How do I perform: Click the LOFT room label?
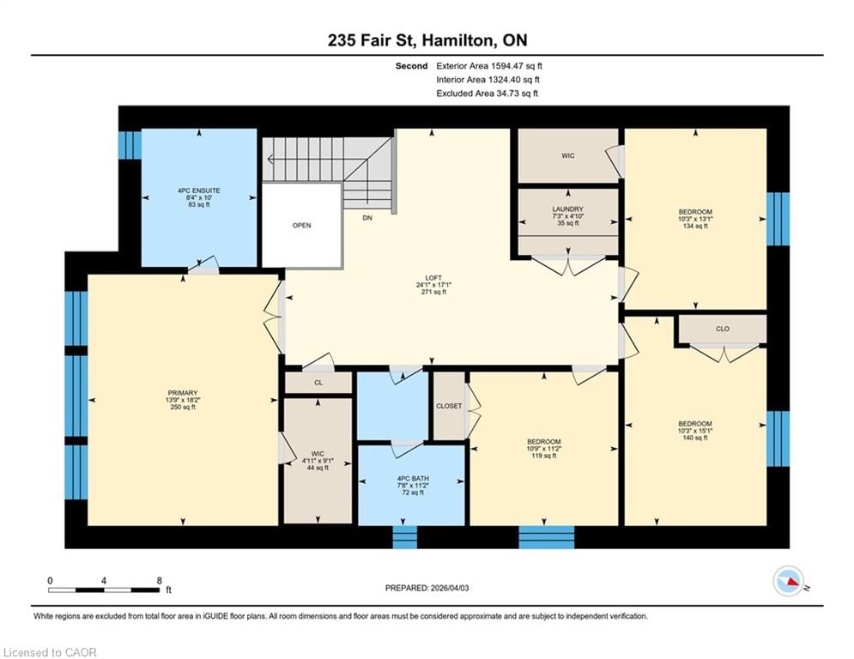(433, 278)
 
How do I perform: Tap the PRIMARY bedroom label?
(183, 393)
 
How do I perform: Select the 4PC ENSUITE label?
(199, 190)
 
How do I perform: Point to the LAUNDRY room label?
(567, 209)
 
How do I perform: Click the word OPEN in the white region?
(301, 226)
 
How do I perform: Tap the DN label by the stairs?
(367, 218)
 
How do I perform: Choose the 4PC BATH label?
(413, 479)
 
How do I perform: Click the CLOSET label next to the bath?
(449, 406)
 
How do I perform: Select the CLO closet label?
(722, 329)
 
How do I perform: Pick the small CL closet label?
(318, 383)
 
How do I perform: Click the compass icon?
(789, 581)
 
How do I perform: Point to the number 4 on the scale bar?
(104, 581)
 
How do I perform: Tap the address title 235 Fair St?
(372, 40)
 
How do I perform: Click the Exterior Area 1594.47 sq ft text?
(489, 66)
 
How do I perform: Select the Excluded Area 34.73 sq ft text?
(487, 94)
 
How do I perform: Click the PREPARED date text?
(427, 588)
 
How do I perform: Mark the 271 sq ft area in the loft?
(433, 292)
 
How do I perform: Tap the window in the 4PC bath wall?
(404, 537)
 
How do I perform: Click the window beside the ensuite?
(130, 144)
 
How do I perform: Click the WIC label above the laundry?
(567, 156)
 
